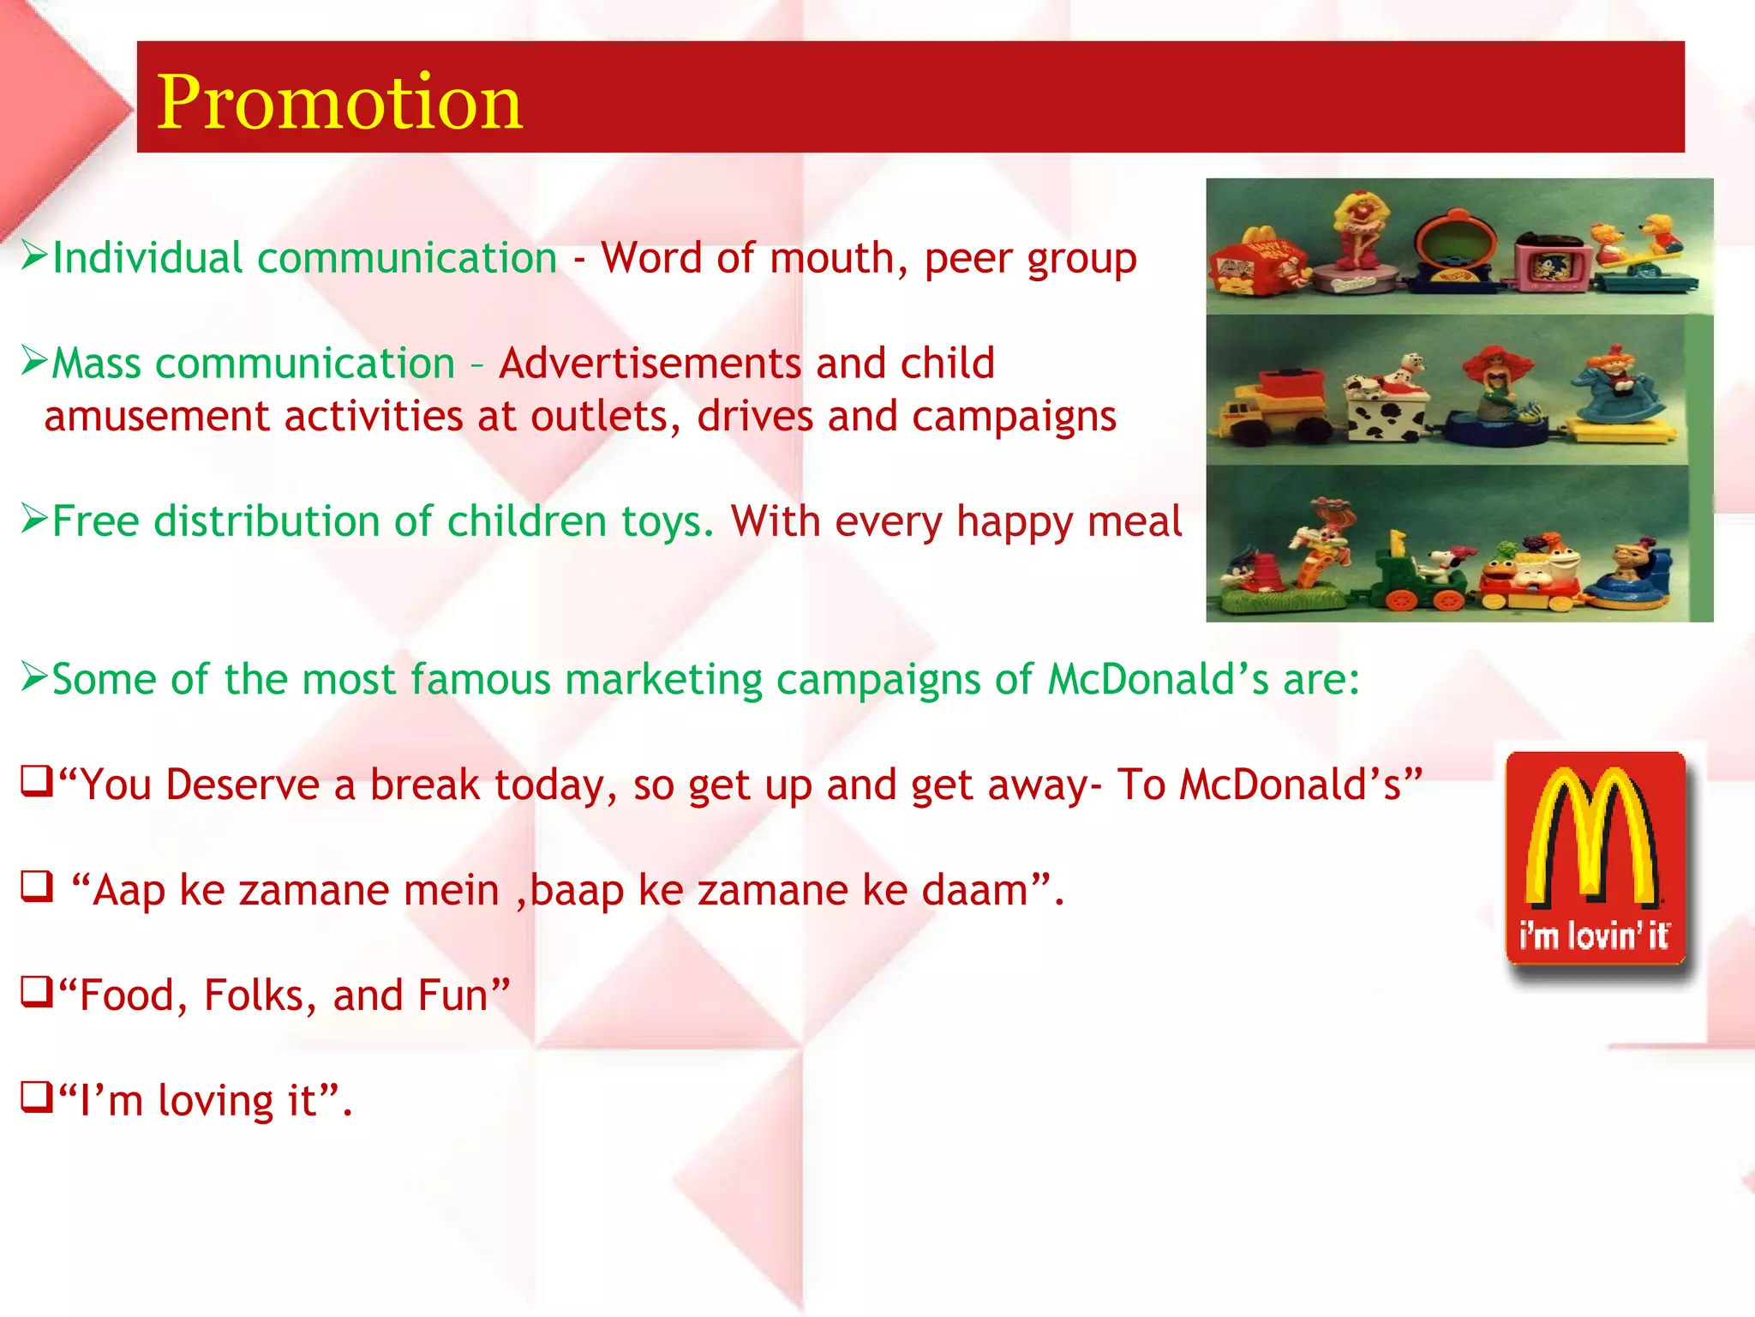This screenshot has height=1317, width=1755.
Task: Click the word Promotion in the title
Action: point(339,102)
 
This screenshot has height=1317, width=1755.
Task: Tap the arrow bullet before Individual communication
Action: point(34,255)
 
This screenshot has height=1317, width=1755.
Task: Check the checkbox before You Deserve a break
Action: point(36,783)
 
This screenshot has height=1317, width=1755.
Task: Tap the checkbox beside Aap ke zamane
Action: point(36,887)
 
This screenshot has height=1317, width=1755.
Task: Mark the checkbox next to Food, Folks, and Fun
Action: point(36,993)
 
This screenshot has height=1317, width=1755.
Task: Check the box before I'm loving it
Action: point(36,1098)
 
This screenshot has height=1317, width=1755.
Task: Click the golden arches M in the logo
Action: point(1593,836)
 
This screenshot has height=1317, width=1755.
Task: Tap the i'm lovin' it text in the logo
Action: point(1593,935)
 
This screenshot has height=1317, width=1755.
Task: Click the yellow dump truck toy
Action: point(1268,403)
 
